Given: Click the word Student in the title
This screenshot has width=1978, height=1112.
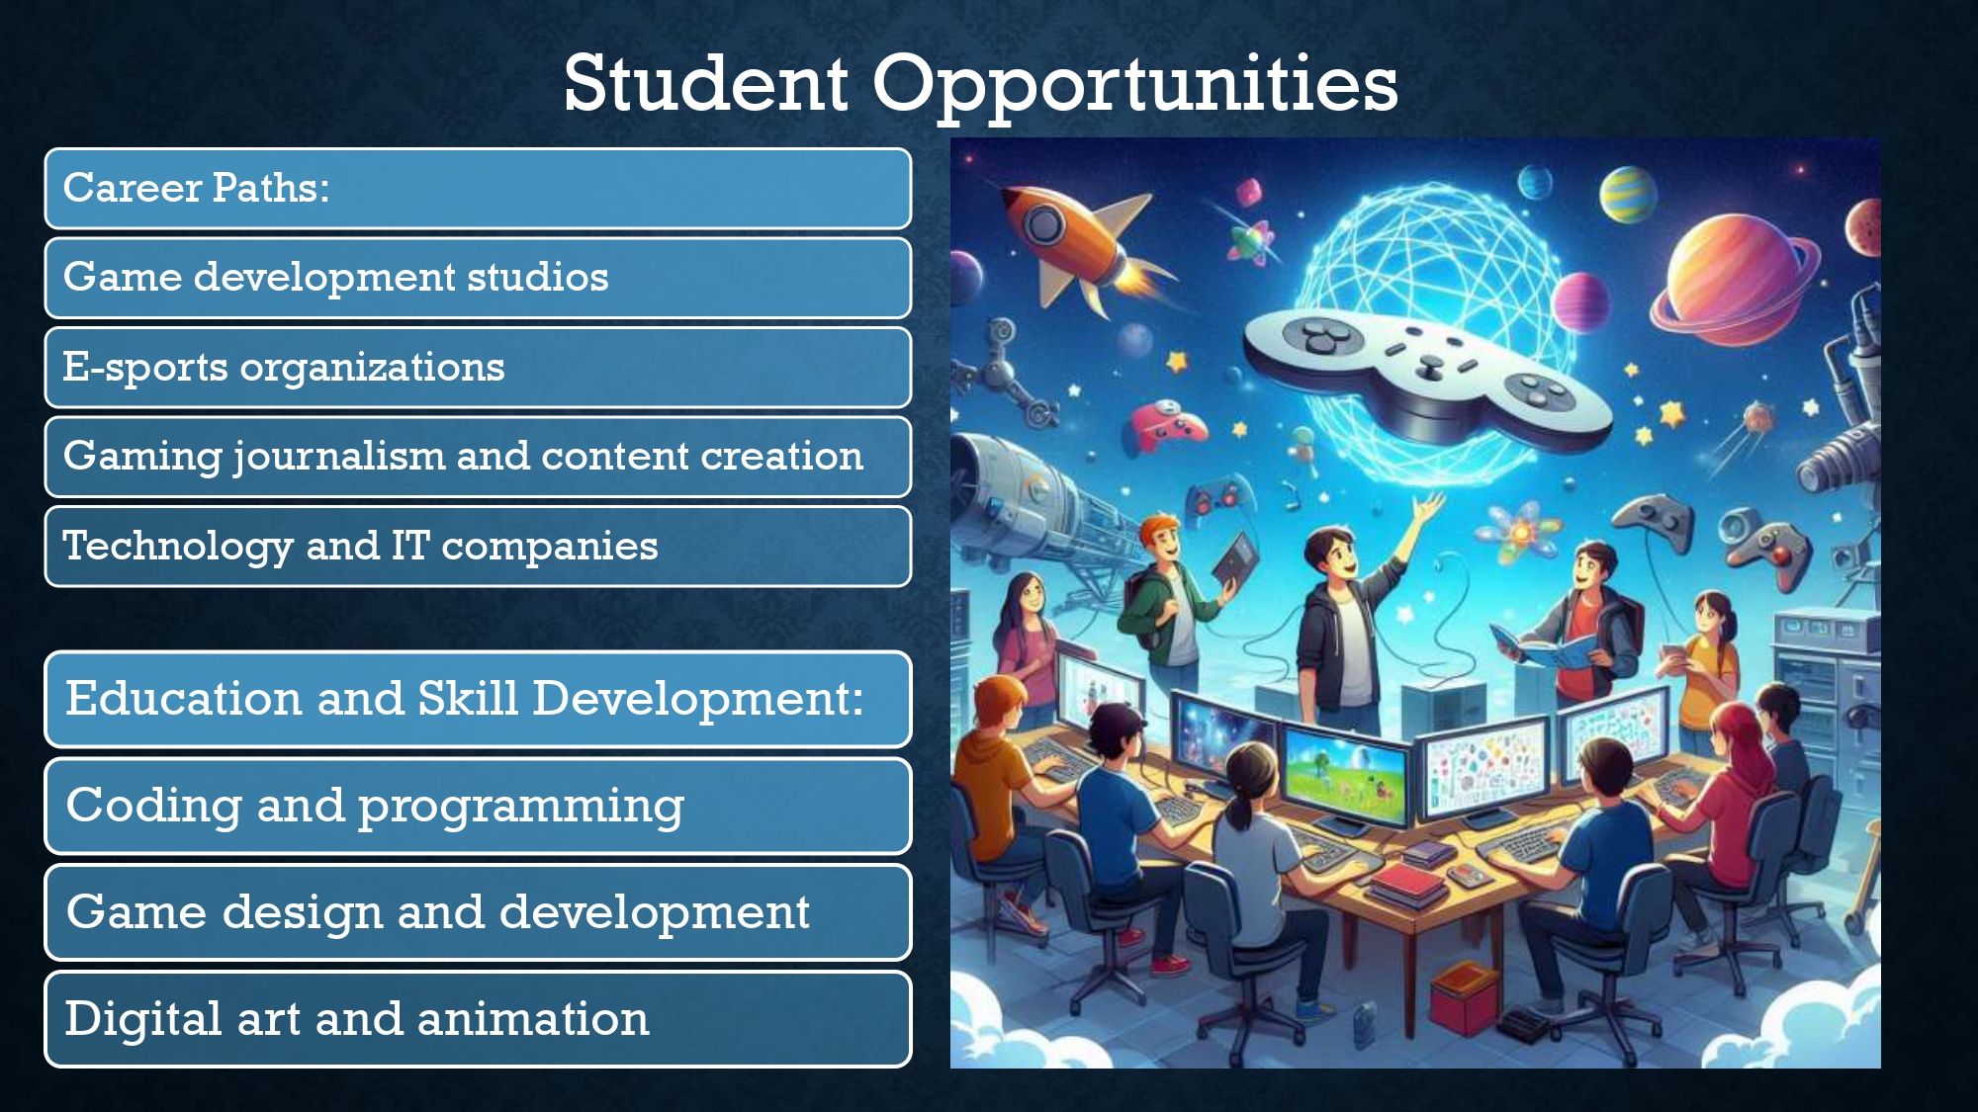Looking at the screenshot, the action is [705, 83].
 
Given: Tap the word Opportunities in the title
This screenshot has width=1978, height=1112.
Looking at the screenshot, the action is [1135, 87].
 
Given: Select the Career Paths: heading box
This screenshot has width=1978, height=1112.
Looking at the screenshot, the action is [478, 189].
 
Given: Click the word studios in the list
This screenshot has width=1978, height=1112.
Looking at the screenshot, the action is [538, 277].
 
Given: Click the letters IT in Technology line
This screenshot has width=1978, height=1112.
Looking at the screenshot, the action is [410, 545].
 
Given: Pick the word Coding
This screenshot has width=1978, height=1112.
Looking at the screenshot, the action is [154, 807].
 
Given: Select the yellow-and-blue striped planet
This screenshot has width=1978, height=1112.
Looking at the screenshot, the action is [1627, 194].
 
